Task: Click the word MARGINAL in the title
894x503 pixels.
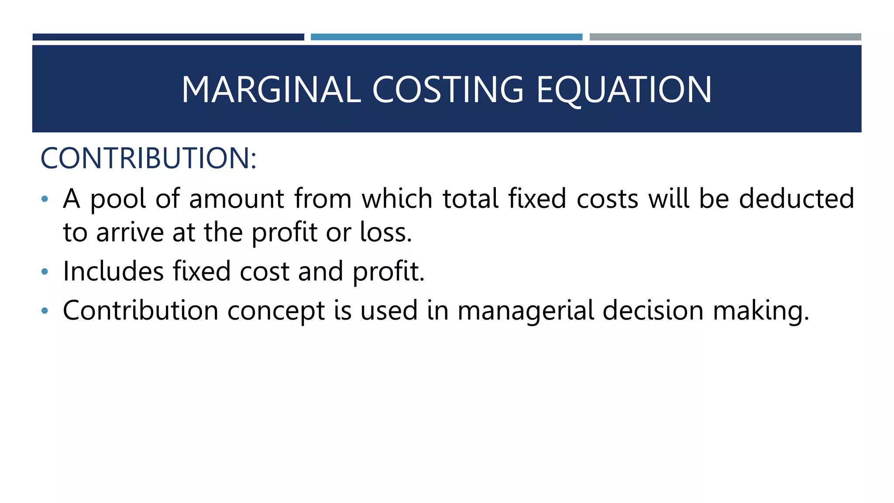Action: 271,90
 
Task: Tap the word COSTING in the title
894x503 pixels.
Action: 447,90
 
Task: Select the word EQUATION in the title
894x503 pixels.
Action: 624,90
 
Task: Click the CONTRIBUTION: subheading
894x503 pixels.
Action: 148,158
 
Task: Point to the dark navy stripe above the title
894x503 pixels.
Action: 168,37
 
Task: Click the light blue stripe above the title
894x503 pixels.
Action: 446,37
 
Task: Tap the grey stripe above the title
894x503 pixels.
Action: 725,37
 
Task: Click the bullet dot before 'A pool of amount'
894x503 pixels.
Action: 45,200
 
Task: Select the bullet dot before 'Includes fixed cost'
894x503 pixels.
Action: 45,272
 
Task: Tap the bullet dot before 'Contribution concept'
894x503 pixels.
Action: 45,311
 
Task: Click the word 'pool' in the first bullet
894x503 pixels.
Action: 118,200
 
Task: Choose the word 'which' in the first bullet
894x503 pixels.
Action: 397,199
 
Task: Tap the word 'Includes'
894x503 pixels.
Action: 113,271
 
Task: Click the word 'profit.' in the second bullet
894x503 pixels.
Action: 389,272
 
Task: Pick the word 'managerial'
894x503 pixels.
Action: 526,311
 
